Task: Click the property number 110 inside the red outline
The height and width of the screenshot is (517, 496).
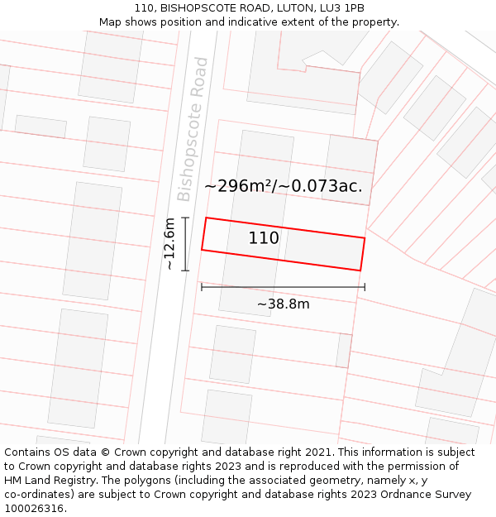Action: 264,238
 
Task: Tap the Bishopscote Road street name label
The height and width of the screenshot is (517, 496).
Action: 193,129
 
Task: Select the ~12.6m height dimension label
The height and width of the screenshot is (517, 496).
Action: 169,244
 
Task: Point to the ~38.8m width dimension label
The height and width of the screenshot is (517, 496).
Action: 283,304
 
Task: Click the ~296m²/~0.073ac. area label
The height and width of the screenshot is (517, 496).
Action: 283,186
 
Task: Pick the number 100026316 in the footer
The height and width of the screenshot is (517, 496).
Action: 36,509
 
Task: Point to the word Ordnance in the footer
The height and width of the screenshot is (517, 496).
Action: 394,495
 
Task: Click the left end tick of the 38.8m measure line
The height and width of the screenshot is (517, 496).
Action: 202,287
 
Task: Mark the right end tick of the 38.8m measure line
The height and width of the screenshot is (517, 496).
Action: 365,287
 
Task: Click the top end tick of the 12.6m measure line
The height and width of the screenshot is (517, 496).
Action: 185,218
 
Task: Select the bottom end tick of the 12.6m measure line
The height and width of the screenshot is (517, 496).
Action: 185,270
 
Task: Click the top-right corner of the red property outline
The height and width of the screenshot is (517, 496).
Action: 365,238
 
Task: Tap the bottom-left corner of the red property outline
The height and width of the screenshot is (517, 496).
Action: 202,250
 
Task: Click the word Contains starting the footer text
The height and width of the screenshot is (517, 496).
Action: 28,452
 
